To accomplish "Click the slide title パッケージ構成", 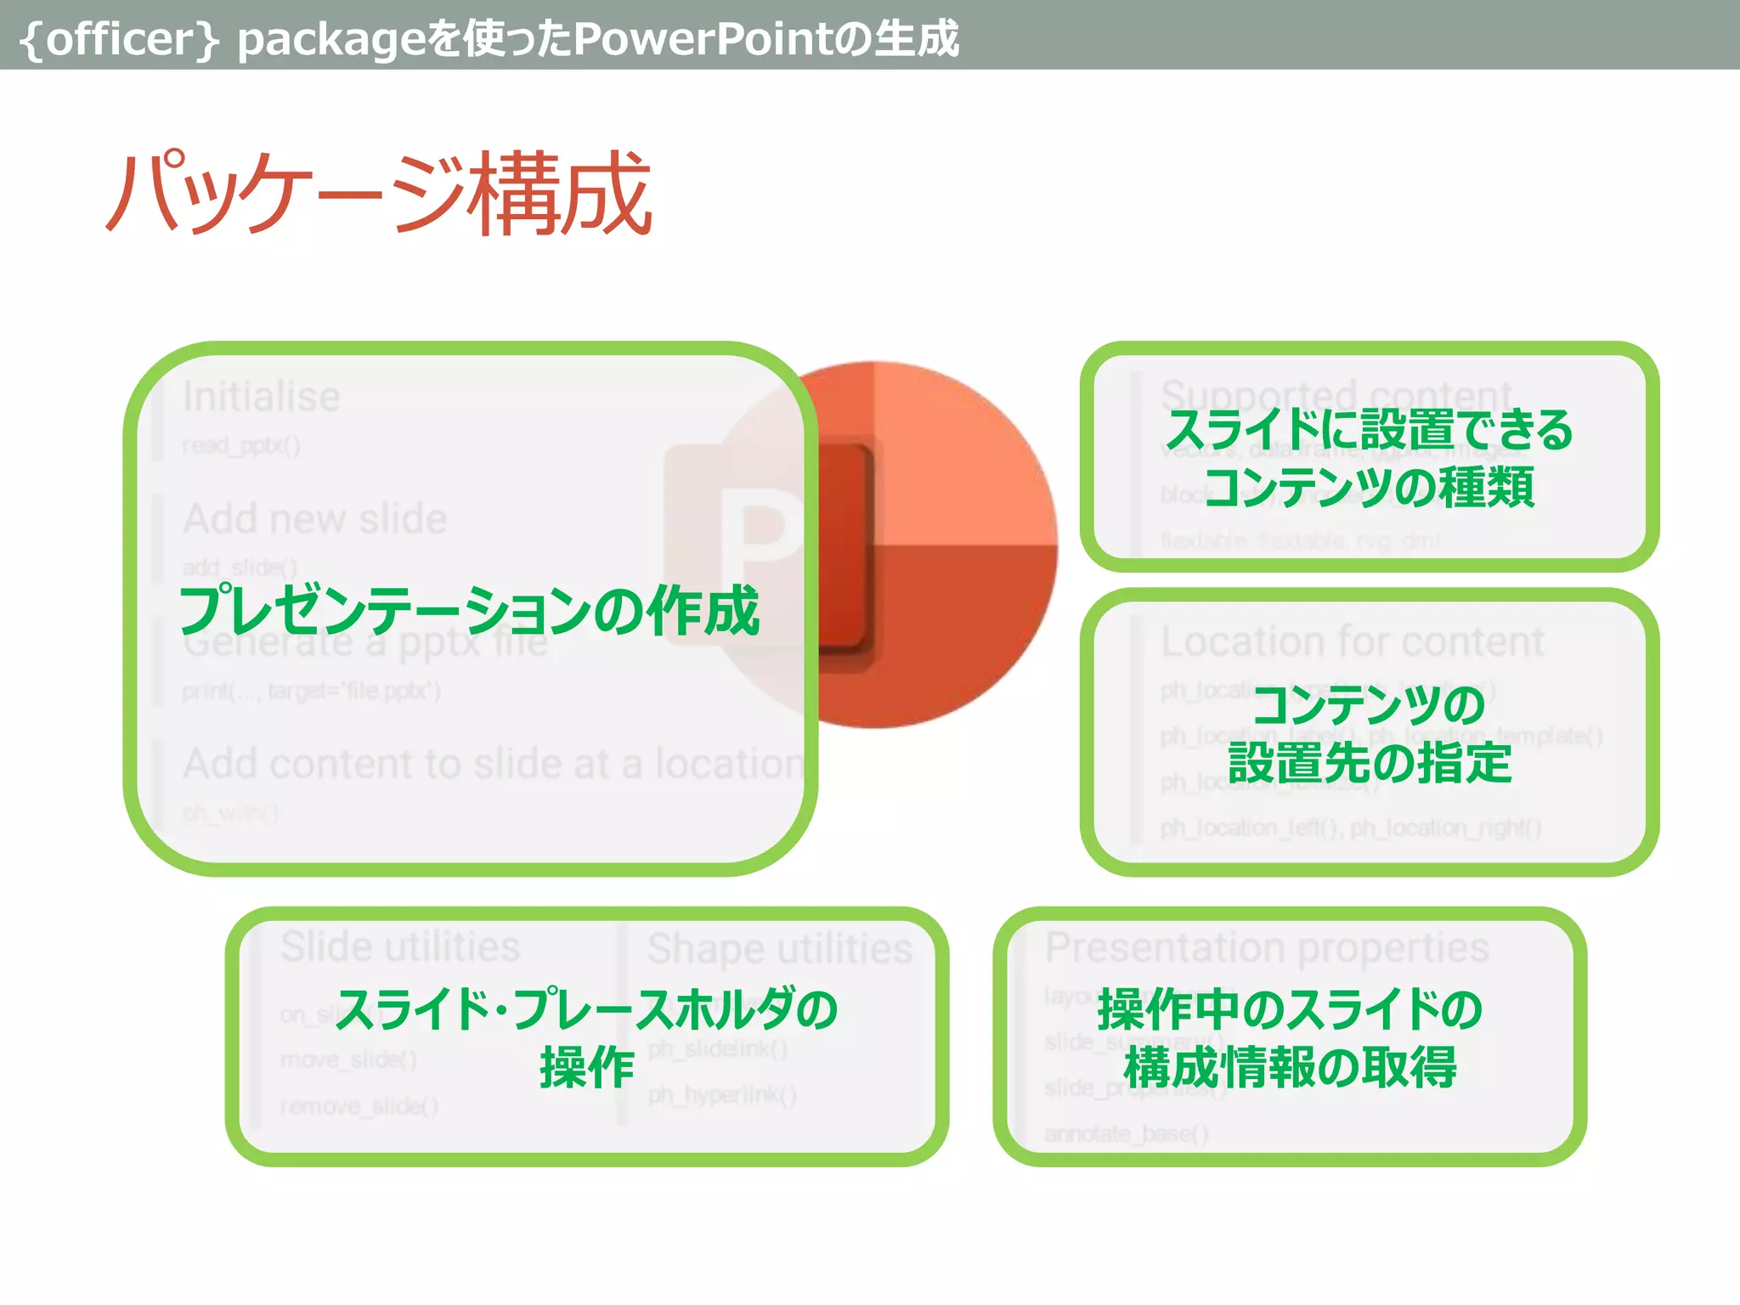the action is [x=379, y=194].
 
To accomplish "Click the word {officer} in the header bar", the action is [x=119, y=39].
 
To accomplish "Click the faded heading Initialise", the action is [x=262, y=397].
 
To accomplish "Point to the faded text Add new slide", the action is [x=315, y=518].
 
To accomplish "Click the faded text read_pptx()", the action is [x=241, y=445].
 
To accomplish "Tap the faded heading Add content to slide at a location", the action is [x=493, y=763].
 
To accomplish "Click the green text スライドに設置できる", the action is [x=1370, y=430].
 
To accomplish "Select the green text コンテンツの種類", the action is [x=1370, y=488].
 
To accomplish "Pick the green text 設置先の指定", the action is [x=1370, y=762].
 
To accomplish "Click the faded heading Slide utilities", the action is [x=400, y=946].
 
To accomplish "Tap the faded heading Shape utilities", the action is [x=780, y=948].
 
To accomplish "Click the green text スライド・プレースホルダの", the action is [x=587, y=1009].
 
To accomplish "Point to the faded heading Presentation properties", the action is [x=1267, y=946].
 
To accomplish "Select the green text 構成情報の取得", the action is [x=1290, y=1067].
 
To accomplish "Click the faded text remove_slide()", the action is [x=359, y=1106].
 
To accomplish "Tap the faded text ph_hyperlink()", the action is [x=722, y=1095].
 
